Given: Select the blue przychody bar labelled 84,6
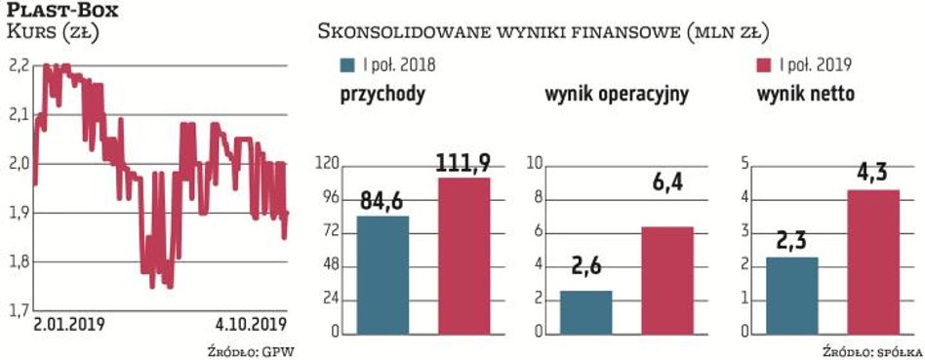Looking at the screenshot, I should point(382,274).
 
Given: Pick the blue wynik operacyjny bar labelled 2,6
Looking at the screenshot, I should point(586,311).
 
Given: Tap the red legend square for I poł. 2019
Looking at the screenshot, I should point(764,65).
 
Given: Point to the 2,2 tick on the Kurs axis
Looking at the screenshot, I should point(19,66).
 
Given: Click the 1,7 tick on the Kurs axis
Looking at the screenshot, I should point(19,311).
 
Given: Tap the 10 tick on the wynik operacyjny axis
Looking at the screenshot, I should point(535,165).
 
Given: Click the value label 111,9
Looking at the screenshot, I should point(463,162).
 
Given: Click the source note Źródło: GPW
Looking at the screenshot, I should point(250,349).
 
